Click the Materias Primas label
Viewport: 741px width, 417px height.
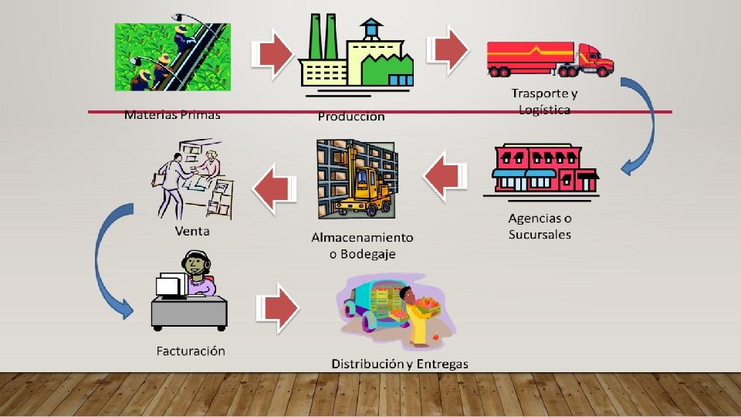[x=172, y=115]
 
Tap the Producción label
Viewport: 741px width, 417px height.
[x=350, y=117]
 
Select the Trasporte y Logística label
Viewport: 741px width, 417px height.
[x=544, y=101]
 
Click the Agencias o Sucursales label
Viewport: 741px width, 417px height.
[x=540, y=225]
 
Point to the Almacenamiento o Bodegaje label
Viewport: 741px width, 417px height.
[x=362, y=245]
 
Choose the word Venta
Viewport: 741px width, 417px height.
[x=192, y=231]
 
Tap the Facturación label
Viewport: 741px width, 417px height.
[x=191, y=351]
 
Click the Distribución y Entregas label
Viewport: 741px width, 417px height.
[x=399, y=363]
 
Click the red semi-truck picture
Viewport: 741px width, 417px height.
[x=549, y=59]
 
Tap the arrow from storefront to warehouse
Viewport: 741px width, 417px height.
[x=446, y=178]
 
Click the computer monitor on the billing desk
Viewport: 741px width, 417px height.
[x=168, y=287]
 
